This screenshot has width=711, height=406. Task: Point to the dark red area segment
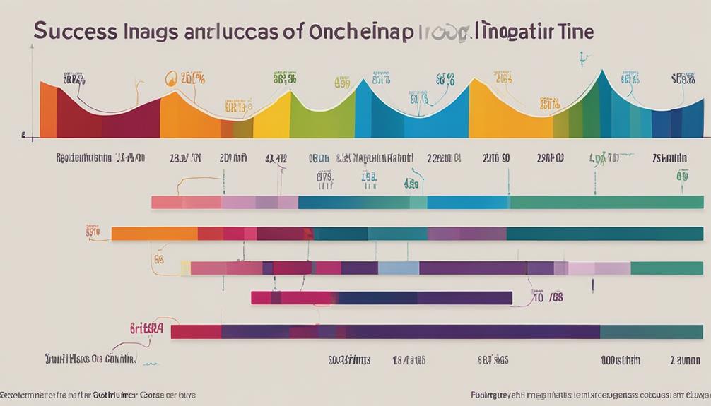point(78,120)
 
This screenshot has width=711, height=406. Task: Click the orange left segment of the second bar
point(154,234)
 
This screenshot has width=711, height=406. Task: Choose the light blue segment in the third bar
point(399,268)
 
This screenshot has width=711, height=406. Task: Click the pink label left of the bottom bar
point(146,328)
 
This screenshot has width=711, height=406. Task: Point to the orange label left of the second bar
point(93,230)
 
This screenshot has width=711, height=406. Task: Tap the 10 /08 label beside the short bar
point(548,297)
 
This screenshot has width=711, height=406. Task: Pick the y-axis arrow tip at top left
point(33,46)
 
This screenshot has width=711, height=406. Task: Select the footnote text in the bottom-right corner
point(590,395)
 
